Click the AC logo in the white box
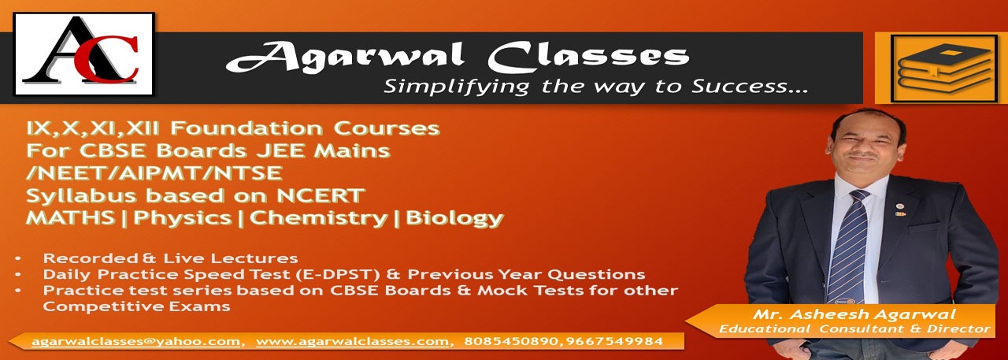tap(83, 54)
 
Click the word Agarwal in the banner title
tap(345, 58)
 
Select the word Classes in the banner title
tap(588, 58)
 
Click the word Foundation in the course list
tap(246, 128)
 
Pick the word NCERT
tap(320, 195)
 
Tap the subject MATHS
tap(71, 217)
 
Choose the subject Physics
tap(182, 219)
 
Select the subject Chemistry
tap(318, 219)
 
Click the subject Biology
tap(454, 219)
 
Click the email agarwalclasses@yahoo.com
tap(135, 342)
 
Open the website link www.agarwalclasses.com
tap(352, 342)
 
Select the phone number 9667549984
tap(613, 341)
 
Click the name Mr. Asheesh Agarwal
tap(854, 314)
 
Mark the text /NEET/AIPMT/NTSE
tap(154, 173)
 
